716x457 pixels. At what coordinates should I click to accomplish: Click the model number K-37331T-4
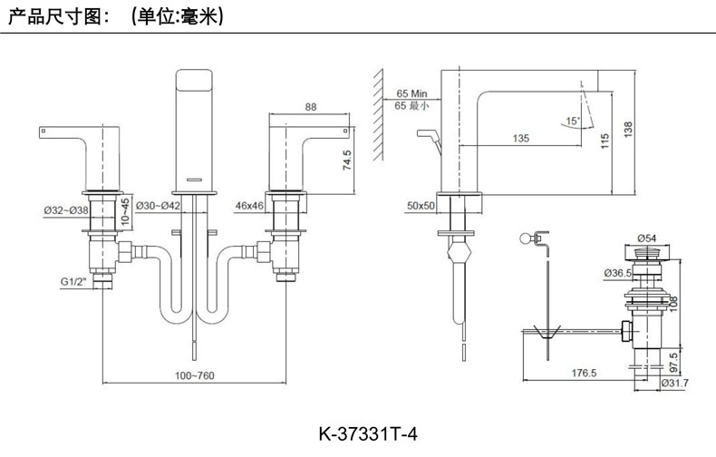368,433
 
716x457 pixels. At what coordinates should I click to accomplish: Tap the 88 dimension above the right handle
311,107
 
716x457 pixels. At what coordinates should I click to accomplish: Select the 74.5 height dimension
347,160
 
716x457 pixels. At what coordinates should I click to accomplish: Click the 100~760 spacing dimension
195,375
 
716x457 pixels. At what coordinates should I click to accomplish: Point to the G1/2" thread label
73,281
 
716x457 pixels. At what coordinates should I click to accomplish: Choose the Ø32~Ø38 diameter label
66,210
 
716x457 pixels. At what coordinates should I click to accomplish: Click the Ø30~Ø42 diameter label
158,206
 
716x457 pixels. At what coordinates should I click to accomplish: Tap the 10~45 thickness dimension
125,211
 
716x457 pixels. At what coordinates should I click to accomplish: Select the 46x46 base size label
249,206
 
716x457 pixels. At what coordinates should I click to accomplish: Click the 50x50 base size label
421,206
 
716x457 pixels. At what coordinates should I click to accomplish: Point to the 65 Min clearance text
411,93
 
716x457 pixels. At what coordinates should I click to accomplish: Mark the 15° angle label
573,122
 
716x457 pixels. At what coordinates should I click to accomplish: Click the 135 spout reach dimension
521,138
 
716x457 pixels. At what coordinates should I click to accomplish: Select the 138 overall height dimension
628,130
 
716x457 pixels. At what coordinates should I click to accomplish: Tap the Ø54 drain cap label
646,238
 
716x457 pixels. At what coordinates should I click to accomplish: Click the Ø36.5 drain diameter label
617,273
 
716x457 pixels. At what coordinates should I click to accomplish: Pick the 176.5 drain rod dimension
584,374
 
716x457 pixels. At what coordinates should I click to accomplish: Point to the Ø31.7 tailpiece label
675,383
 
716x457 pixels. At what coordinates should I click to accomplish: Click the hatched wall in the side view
378,115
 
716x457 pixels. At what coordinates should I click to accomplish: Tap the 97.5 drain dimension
673,363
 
